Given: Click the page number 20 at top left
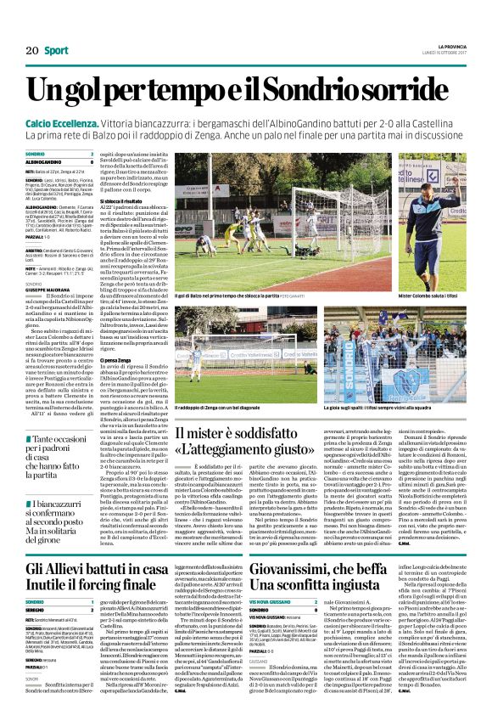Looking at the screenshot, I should (x=32, y=52).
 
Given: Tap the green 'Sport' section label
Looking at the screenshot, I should (x=58, y=52).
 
